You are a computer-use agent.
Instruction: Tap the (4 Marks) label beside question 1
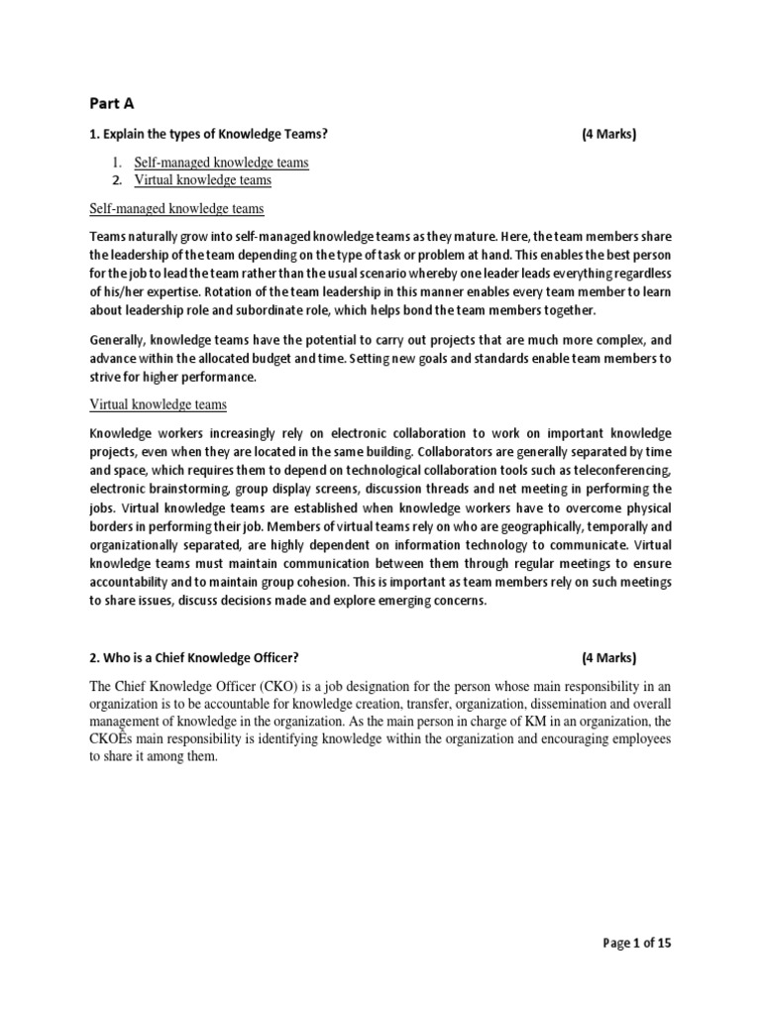pos(608,136)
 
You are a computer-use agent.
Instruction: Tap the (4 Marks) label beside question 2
pos(608,657)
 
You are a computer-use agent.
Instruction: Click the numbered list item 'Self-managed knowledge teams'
pos(222,162)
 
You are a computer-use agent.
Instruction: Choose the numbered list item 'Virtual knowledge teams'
pos(203,180)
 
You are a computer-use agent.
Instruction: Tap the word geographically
pos(537,527)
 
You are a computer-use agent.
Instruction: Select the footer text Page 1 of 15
pos(638,944)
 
